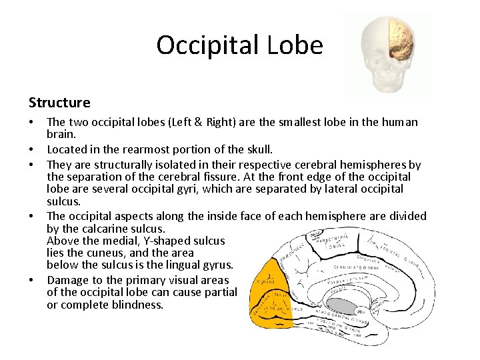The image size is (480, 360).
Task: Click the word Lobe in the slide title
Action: [301, 45]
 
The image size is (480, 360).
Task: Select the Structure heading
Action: [59, 103]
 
